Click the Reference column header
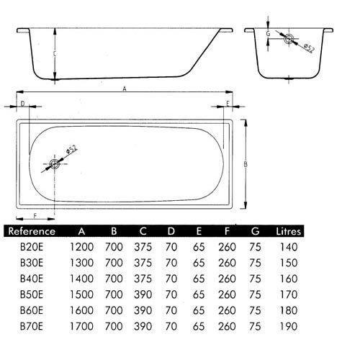coord(32,231)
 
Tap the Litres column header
coord(288,231)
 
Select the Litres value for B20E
coord(289,247)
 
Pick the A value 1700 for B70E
coord(81,326)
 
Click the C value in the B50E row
coord(143,294)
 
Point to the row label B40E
coord(32,279)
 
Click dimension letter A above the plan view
coord(125,89)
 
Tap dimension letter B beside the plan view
coord(246,165)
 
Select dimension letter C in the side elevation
coord(55,54)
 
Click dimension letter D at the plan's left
coord(22,104)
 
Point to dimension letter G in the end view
coord(268,34)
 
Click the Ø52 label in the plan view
coord(71,149)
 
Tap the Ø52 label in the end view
coord(308,48)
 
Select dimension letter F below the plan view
coord(35,216)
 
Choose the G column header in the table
coord(255,231)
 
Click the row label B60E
coord(32,310)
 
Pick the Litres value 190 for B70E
coord(289,326)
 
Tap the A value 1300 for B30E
coord(81,263)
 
